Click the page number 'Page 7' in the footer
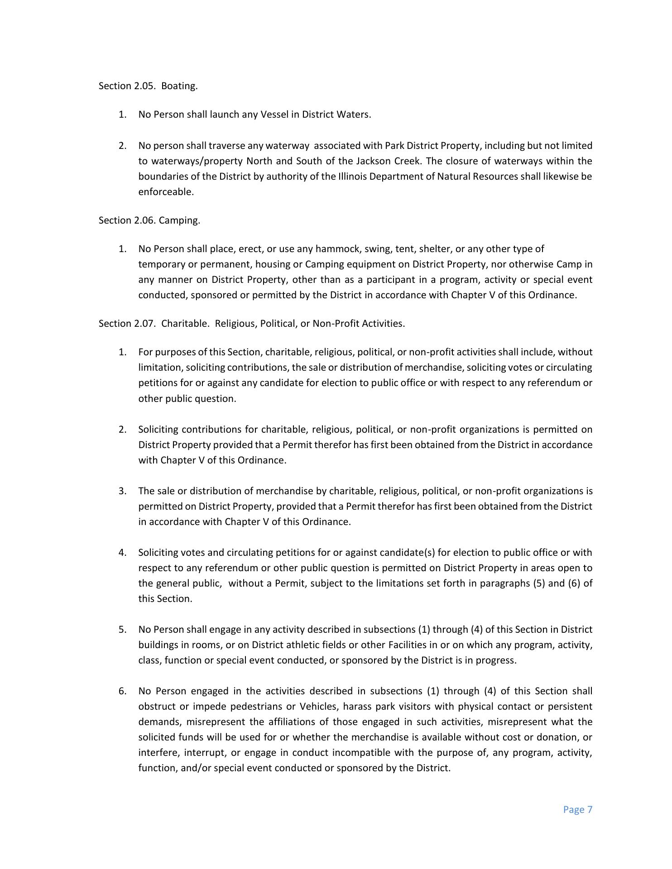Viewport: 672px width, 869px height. point(577,810)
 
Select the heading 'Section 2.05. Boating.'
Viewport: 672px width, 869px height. point(148,86)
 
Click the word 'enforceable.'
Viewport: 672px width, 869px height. point(166,192)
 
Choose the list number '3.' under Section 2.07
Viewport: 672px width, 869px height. point(122,491)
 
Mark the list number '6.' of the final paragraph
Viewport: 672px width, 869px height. point(122,691)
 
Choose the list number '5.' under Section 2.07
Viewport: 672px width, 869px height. point(122,630)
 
